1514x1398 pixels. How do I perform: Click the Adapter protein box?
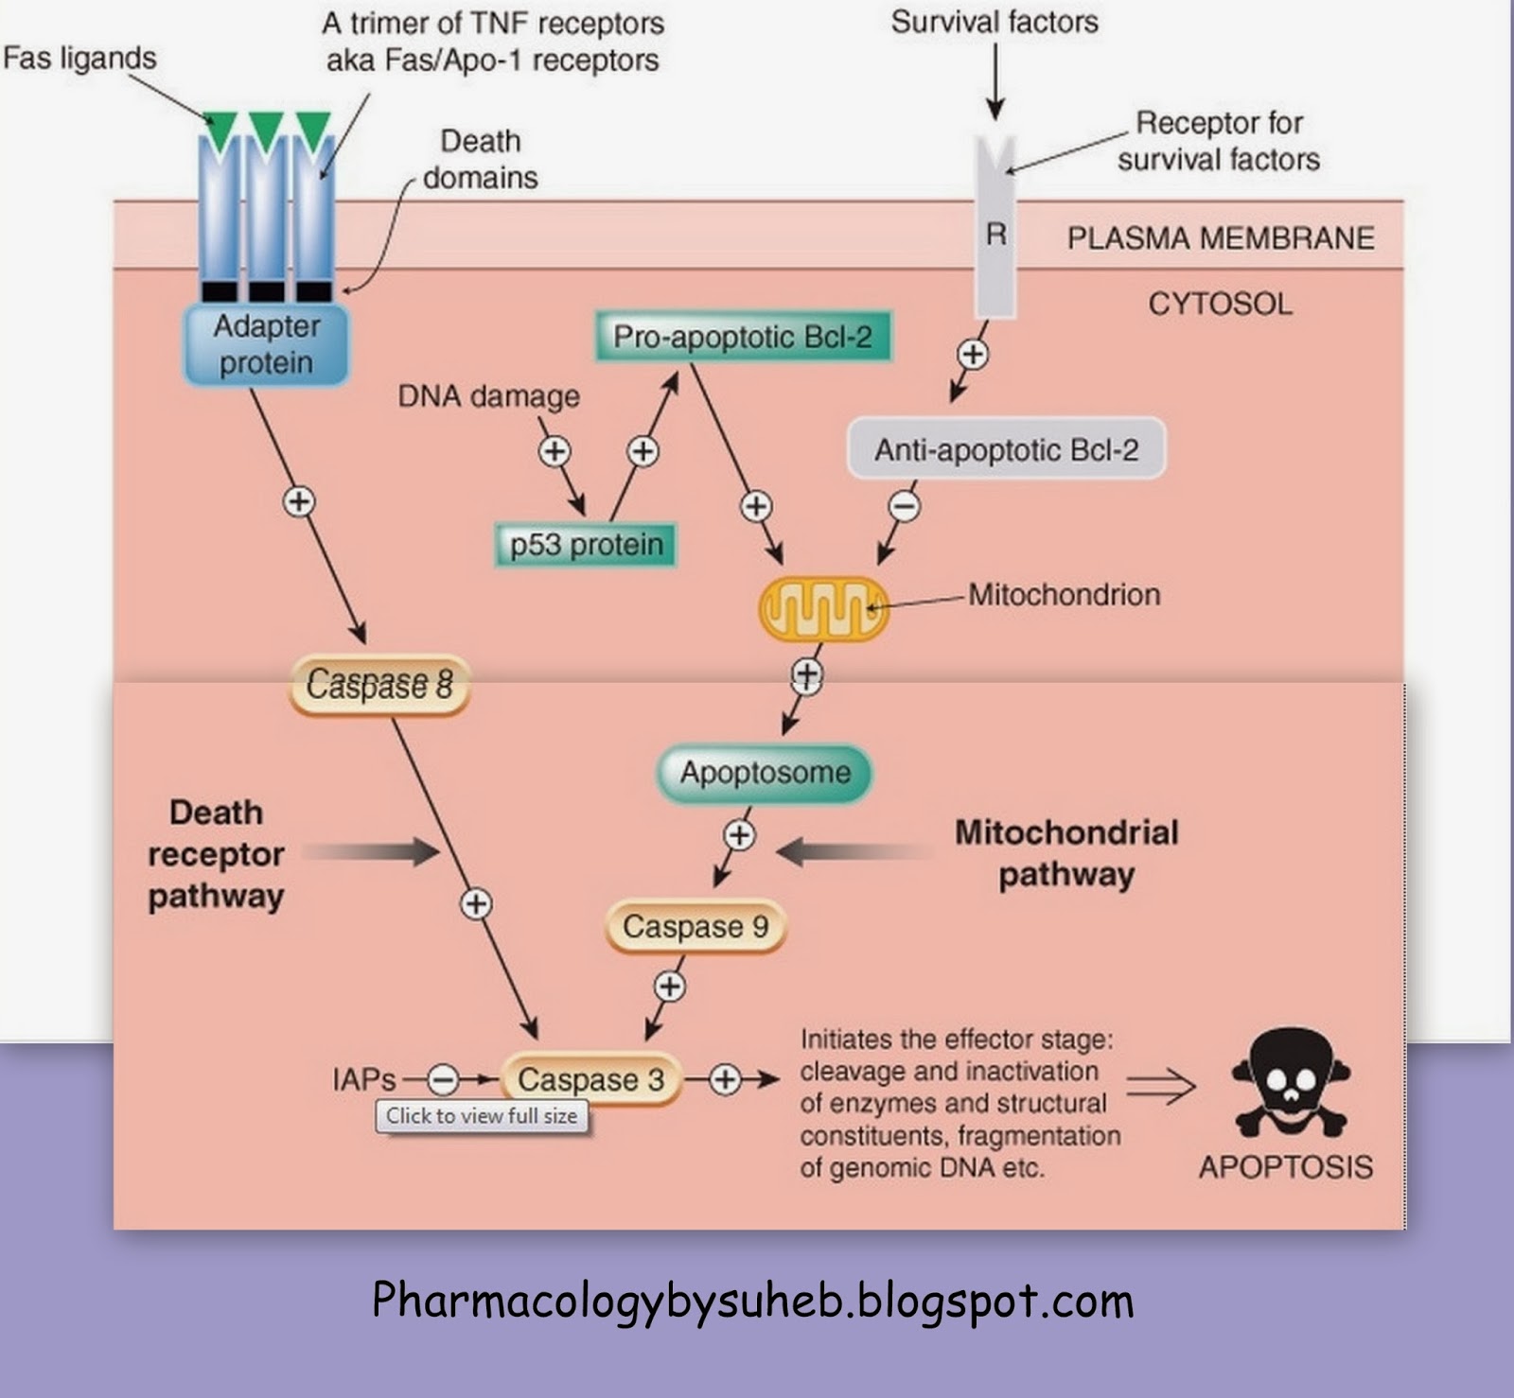[x=266, y=345]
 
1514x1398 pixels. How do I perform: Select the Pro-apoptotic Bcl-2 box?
[x=743, y=338]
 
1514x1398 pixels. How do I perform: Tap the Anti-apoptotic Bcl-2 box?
[x=1006, y=449]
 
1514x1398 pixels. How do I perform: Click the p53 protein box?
[x=586, y=545]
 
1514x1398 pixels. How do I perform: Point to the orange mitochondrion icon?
[x=823, y=609]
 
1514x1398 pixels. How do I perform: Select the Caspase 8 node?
[x=379, y=683]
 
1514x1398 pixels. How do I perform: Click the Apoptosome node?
[x=765, y=773]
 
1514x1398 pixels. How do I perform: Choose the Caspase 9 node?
[x=695, y=926]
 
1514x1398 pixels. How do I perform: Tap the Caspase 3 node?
[x=590, y=1079]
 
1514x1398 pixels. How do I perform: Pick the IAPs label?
[x=363, y=1079]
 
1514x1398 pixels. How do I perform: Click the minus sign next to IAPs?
[x=442, y=1079]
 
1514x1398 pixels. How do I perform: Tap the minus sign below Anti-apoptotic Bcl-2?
[x=905, y=507]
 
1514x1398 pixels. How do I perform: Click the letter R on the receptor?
[x=995, y=235]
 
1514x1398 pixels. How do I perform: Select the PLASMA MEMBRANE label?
[x=1221, y=238]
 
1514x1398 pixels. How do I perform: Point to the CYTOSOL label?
[x=1220, y=304]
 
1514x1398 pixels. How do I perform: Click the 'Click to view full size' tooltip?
[x=482, y=1116]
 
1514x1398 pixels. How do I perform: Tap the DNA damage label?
[x=488, y=396]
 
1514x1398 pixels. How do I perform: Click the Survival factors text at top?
[x=995, y=22]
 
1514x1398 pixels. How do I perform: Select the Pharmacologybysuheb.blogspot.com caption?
[x=752, y=1301]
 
